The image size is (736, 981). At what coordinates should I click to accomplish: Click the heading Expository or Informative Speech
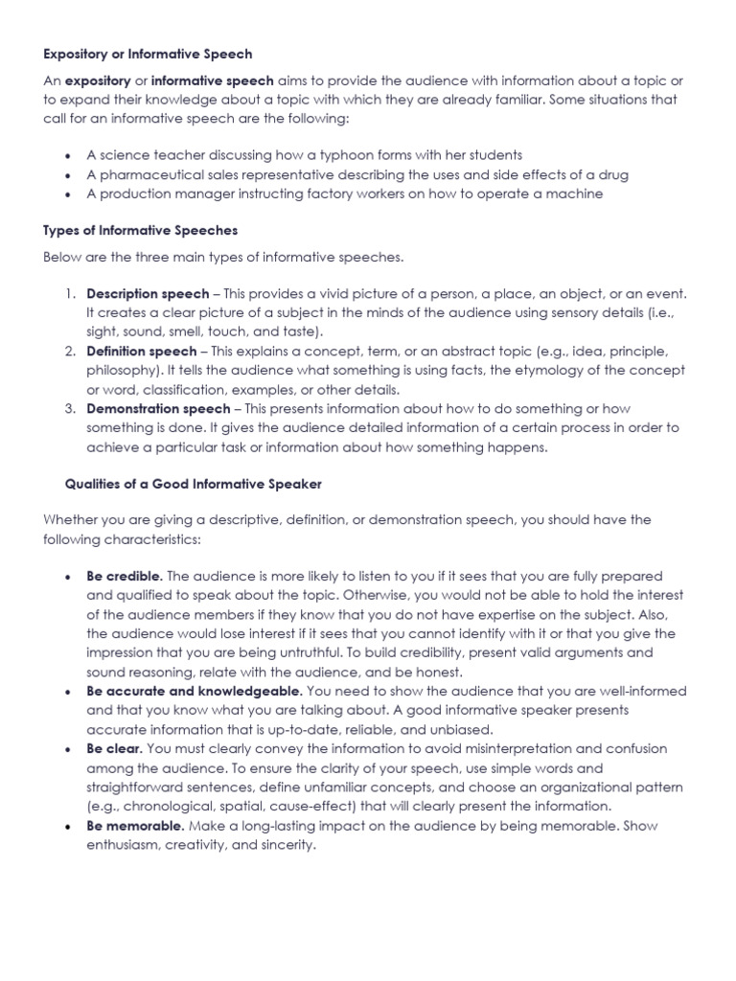[148, 55]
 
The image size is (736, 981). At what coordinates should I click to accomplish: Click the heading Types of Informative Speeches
[141, 231]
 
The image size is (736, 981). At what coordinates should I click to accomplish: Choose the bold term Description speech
[147, 293]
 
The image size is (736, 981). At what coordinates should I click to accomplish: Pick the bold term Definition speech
[141, 352]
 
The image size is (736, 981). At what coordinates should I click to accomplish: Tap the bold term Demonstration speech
[158, 409]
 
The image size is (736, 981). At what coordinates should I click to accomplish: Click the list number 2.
[70, 352]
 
